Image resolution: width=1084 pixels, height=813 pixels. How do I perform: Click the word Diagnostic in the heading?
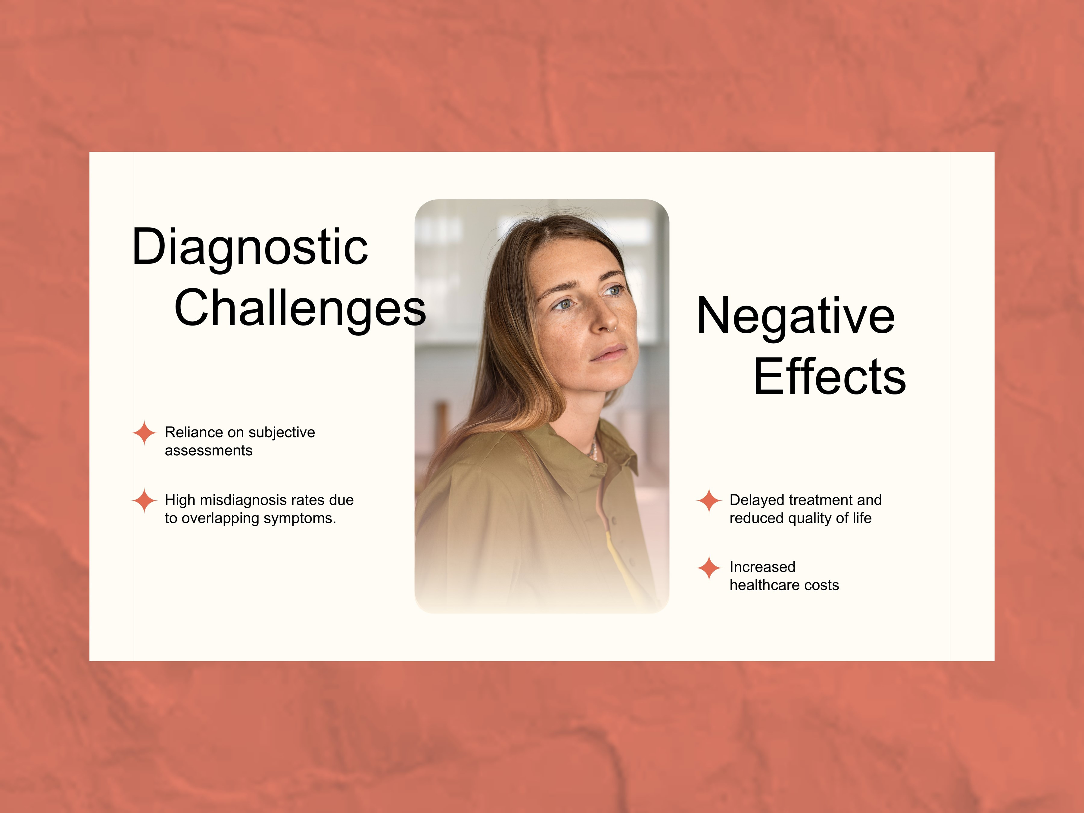(x=250, y=248)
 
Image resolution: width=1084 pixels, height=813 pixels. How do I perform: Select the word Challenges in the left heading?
(x=300, y=309)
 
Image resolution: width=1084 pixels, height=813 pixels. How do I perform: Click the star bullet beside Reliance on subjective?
(x=145, y=433)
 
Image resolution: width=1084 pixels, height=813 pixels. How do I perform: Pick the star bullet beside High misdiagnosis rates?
(x=145, y=500)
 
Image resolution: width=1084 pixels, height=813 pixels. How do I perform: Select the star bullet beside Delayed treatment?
(x=709, y=500)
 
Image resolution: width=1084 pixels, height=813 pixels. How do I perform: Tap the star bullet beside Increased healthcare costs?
(x=709, y=568)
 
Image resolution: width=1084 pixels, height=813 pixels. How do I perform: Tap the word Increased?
(x=762, y=567)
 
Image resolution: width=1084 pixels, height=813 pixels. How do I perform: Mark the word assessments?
(x=209, y=451)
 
